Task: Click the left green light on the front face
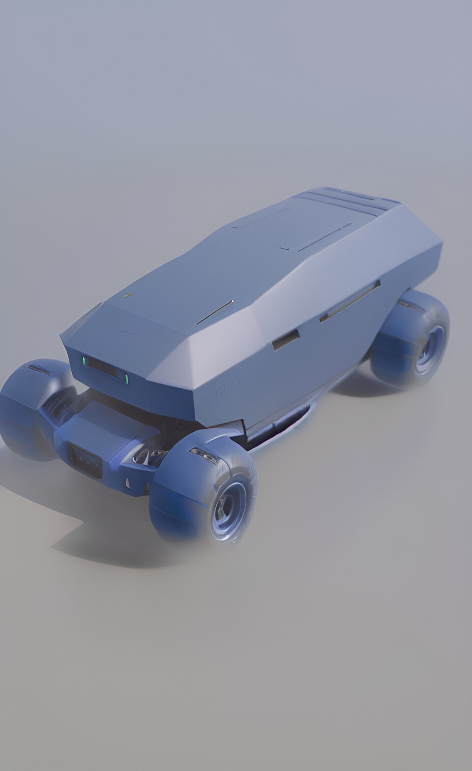(x=84, y=361)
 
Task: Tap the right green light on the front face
(x=127, y=379)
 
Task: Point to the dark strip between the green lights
(x=105, y=369)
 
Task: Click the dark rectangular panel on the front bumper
(x=87, y=461)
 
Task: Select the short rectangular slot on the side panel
(x=286, y=340)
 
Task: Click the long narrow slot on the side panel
(x=350, y=301)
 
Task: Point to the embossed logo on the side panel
(x=227, y=388)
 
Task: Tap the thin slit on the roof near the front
(x=215, y=312)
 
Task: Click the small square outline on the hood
(x=131, y=328)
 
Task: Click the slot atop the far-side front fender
(x=38, y=369)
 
